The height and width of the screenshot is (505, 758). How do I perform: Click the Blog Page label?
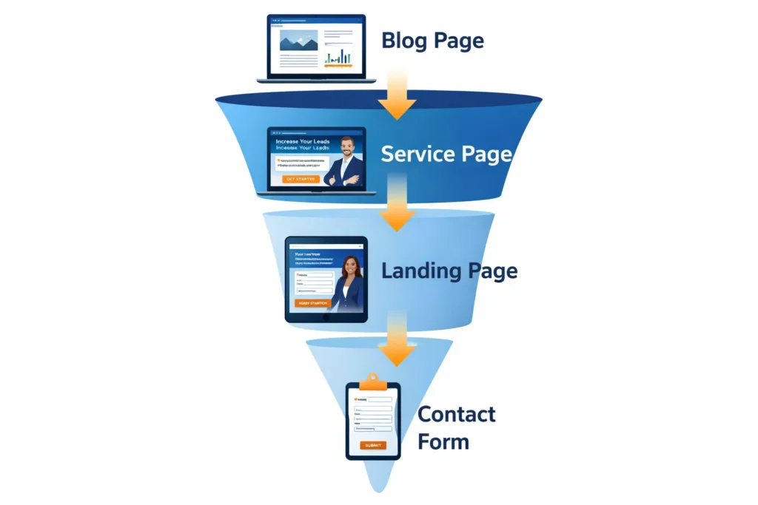(432, 40)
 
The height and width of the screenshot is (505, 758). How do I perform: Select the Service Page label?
(446, 154)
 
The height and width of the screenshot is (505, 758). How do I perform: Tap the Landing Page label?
(449, 271)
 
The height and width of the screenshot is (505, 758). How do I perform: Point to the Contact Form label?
(456, 427)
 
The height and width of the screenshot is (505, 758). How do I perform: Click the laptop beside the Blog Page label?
(316, 49)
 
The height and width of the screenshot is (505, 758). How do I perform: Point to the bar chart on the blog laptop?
(339, 55)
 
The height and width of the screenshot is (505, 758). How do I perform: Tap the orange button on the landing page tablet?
(312, 303)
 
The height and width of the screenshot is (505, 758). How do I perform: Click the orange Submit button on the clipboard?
(373, 445)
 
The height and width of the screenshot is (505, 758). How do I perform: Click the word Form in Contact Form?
(443, 442)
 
